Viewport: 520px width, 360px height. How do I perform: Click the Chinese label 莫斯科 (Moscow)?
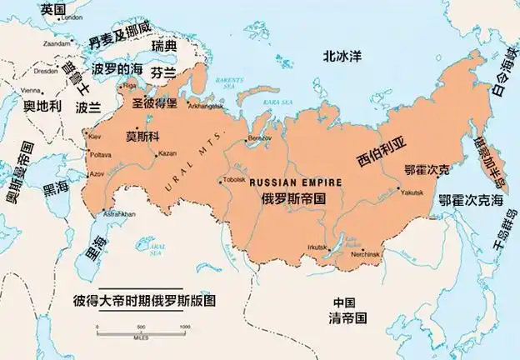pos(142,136)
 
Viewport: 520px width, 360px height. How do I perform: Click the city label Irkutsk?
pos(317,247)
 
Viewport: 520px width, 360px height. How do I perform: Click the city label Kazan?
pos(167,153)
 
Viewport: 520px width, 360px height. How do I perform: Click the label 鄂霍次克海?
pos(471,201)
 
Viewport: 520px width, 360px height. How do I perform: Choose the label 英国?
pos(52,8)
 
